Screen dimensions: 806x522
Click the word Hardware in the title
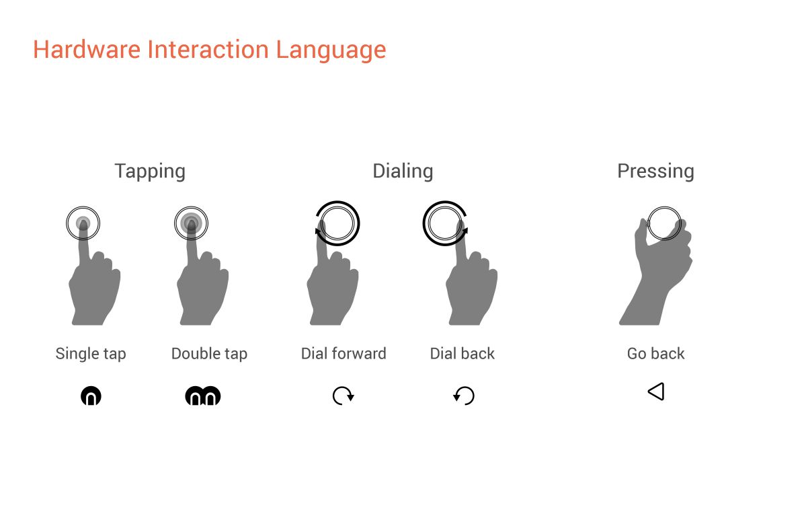pyautogui.click(x=87, y=50)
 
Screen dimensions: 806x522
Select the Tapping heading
pyautogui.click(x=150, y=172)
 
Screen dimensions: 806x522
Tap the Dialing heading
pyautogui.click(x=403, y=172)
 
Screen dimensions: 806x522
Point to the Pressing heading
pyautogui.click(x=655, y=172)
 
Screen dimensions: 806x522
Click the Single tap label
pyautogui.click(x=91, y=354)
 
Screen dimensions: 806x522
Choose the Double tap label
pyautogui.click(x=209, y=354)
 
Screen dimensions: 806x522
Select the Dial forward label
pyautogui.click(x=344, y=353)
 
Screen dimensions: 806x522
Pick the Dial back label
pyautogui.click(x=462, y=353)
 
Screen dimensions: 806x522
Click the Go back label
pyautogui.click(x=656, y=353)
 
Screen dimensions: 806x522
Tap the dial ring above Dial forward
pyautogui.click(x=337, y=202)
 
